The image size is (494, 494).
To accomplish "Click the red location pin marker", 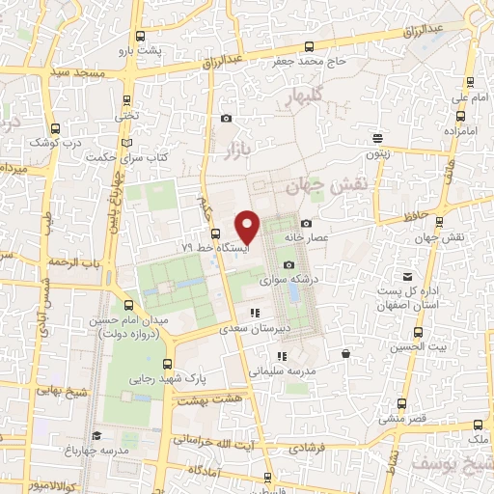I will [248, 228].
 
